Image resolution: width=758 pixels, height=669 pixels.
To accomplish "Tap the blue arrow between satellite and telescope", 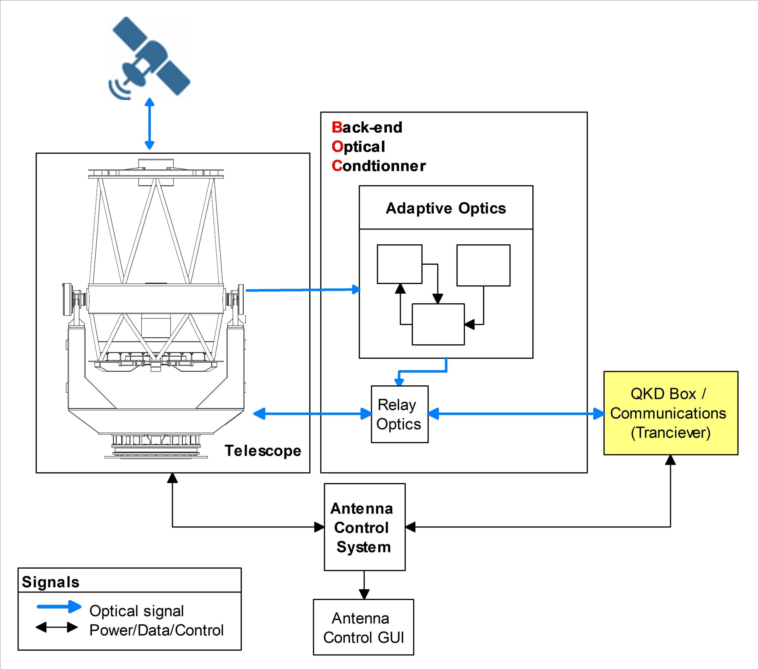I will coord(150,123).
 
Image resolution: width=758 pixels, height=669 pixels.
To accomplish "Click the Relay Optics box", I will coord(399,414).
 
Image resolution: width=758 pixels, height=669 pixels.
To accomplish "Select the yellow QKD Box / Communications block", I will coord(670,413).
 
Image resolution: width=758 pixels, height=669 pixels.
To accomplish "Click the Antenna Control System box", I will coord(364,527).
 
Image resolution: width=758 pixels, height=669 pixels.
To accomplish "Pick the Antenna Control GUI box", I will coord(363,628).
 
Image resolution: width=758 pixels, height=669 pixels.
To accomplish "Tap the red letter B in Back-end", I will coord(337,127).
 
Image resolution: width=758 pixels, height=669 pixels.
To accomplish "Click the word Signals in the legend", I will coord(50,582).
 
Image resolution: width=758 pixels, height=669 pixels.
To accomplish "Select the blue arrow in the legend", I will coord(59,607).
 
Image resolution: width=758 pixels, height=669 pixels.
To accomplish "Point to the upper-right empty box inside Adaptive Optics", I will coord(483,265).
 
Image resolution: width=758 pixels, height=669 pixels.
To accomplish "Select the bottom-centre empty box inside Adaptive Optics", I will coord(438,325).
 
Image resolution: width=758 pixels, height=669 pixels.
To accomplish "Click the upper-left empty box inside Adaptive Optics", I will coord(399,264).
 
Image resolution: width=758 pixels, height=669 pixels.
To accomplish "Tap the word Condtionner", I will coord(379,166).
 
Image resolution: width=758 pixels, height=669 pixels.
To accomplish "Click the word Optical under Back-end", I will coord(358,147).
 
